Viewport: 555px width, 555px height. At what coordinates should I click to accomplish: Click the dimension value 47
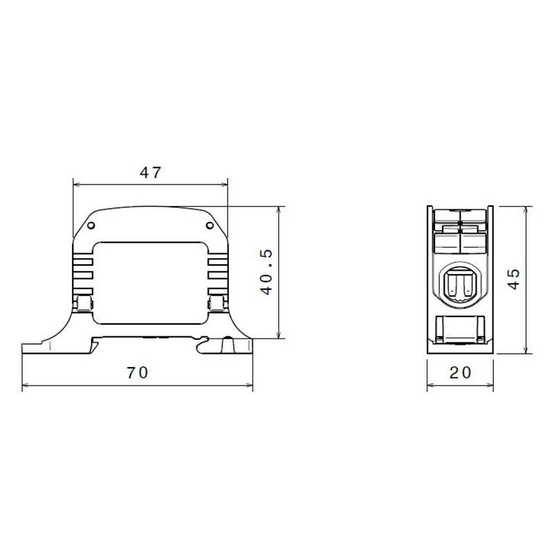[x=151, y=172]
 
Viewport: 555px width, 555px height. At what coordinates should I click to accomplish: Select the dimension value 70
[x=137, y=373]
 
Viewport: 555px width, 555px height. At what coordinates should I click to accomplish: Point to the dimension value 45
[x=514, y=280]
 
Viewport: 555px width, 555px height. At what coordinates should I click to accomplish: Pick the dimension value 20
[x=460, y=373]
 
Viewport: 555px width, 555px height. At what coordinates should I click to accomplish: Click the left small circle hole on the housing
[x=91, y=225]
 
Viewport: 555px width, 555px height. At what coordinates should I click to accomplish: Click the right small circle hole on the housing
[x=210, y=225]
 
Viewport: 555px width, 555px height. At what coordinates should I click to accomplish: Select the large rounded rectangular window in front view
[x=151, y=283]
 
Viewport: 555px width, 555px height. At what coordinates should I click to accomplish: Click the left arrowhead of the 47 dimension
[x=76, y=185]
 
